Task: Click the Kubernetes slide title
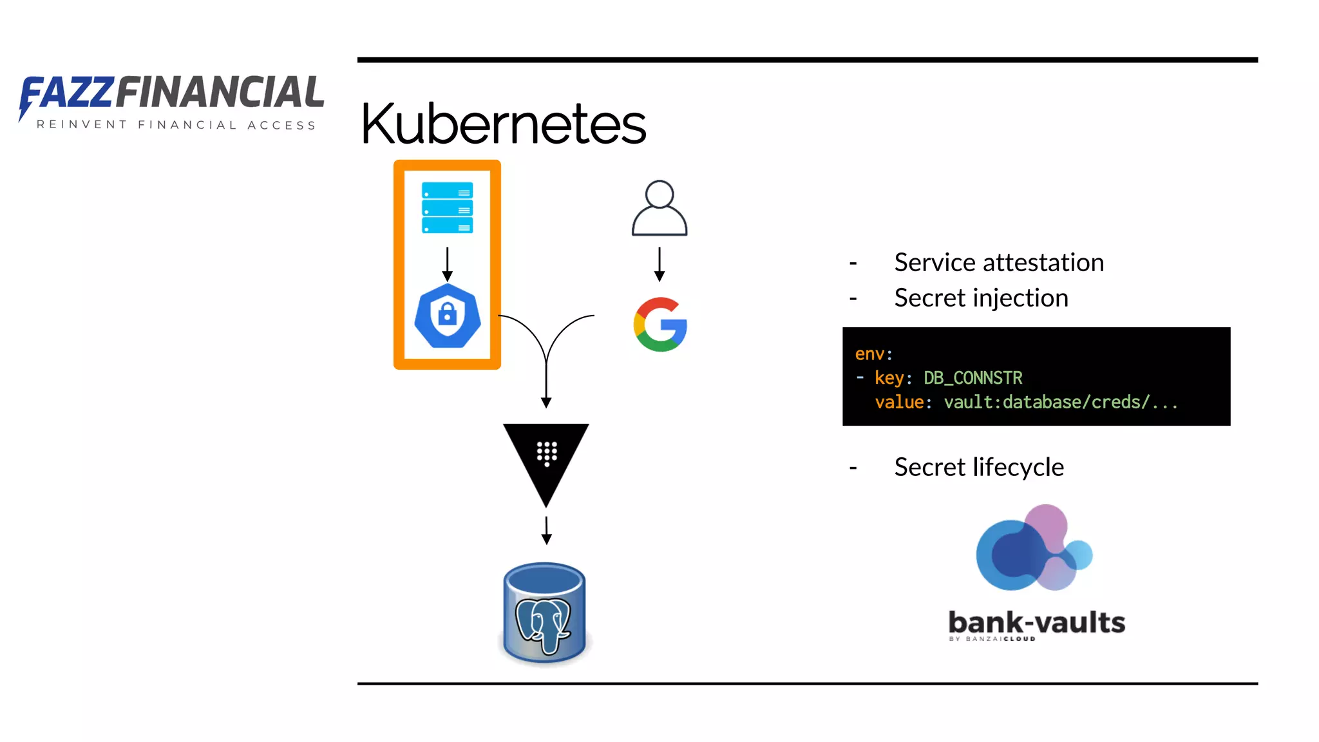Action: [503, 124]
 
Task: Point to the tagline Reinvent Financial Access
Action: [176, 125]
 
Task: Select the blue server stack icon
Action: [447, 207]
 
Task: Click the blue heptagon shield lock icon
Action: [447, 316]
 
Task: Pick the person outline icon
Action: [659, 209]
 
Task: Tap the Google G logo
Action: [660, 324]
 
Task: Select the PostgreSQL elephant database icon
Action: [545, 613]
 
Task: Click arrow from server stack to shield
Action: [447, 264]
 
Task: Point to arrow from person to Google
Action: [659, 264]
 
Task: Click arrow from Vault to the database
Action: [546, 530]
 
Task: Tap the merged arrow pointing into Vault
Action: [546, 380]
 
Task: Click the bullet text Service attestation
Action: [999, 263]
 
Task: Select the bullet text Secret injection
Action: [981, 298]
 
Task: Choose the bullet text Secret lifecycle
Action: [979, 467]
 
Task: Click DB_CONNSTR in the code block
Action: [973, 377]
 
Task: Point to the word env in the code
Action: [869, 354]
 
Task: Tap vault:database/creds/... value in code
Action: [1061, 402]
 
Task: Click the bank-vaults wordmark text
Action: [1036, 623]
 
